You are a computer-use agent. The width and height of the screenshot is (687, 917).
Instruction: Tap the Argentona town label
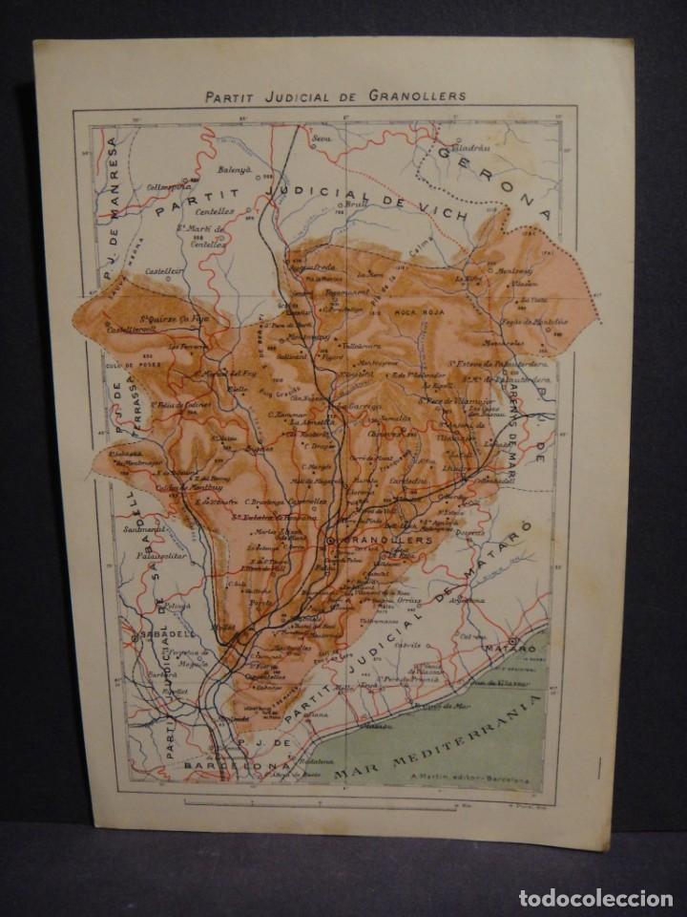[474, 600]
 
